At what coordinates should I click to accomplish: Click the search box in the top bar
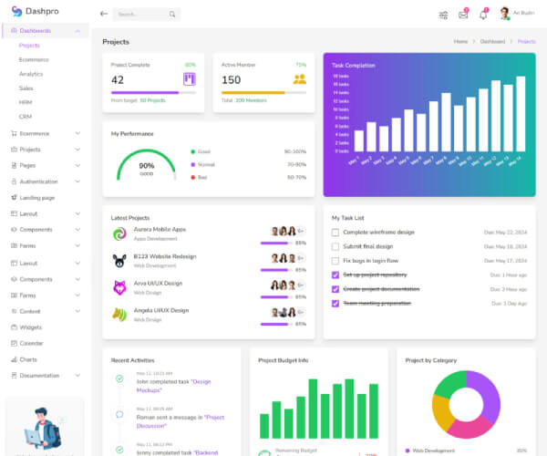point(146,15)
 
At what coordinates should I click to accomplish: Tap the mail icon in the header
point(463,14)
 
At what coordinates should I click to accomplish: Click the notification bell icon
point(483,14)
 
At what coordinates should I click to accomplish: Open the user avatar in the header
point(504,14)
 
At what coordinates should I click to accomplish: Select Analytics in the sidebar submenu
point(31,74)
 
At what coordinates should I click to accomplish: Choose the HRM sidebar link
point(26,102)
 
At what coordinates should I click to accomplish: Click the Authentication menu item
point(38,181)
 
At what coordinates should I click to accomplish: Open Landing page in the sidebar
point(37,197)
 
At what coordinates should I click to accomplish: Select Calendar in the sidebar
point(32,343)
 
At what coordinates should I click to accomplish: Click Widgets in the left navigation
point(31,326)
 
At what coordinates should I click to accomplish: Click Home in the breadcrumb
point(460,42)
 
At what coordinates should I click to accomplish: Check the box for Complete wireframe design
point(335,233)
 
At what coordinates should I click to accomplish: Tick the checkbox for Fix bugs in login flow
point(335,261)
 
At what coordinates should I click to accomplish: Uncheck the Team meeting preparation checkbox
point(335,303)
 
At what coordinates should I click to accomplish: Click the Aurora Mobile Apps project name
point(160,229)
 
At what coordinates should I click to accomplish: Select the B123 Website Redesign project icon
point(119,261)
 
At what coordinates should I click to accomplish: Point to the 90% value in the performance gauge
point(146,165)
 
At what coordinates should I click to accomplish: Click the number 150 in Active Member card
point(231,79)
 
